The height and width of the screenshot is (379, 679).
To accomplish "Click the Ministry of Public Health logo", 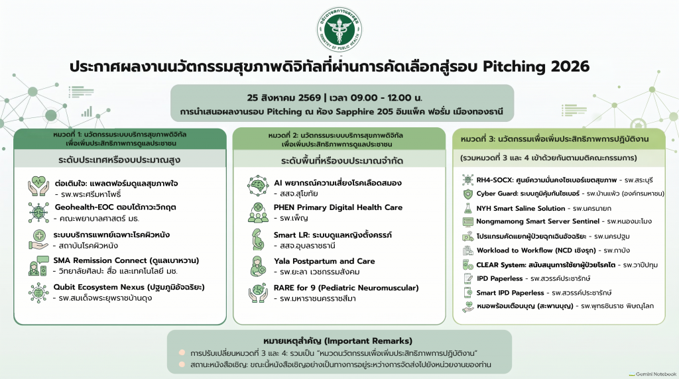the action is (339, 29).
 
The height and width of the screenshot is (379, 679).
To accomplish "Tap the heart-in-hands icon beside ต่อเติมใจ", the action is (38, 186).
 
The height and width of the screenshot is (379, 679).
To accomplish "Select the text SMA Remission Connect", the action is (100, 260).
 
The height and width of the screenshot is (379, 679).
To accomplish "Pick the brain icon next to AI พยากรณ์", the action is (258, 186).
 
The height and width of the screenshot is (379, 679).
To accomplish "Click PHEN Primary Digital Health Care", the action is (338, 207).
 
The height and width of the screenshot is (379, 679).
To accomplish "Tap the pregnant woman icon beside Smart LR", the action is (258, 239).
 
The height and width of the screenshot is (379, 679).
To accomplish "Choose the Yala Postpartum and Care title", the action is (324, 261).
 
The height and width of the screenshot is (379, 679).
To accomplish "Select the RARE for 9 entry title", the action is (346, 288).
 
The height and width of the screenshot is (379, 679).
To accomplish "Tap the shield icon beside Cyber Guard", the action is (467, 194).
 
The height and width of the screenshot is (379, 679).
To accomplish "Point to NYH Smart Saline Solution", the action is (521, 209).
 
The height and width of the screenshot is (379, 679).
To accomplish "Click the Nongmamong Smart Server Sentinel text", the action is (538, 221).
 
